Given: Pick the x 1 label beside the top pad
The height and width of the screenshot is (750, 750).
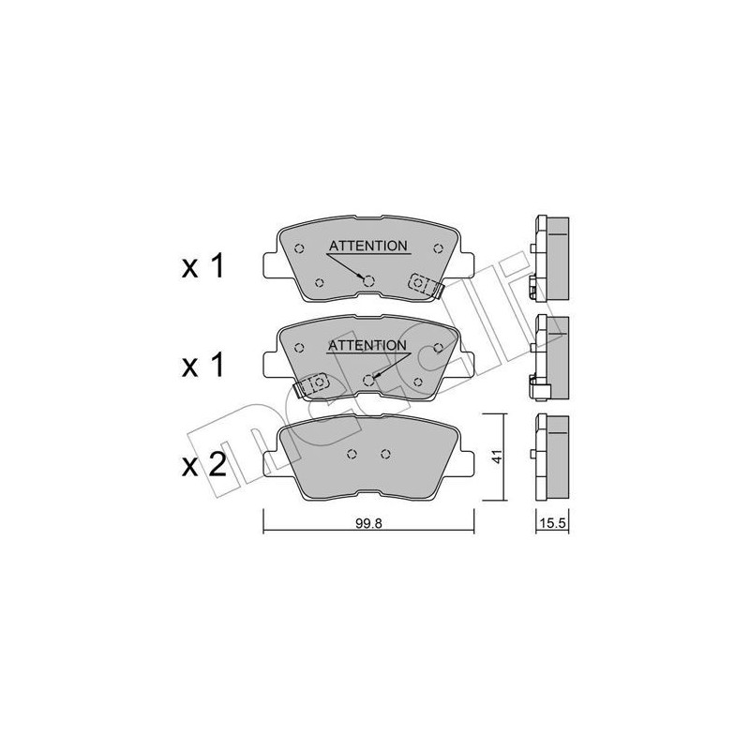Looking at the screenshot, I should (202, 267).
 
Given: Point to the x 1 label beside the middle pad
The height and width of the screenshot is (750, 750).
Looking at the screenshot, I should (202, 366).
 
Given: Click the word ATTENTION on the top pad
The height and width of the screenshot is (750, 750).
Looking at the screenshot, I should (367, 246).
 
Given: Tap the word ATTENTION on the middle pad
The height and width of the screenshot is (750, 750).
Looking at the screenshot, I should (367, 345).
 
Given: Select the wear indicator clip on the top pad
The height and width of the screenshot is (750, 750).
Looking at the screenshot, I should (424, 283).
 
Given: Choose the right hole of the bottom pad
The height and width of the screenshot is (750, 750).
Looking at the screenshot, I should (385, 455).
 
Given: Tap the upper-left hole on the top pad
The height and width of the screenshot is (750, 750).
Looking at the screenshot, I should (299, 248).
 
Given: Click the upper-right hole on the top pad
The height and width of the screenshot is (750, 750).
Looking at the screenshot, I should (439, 248).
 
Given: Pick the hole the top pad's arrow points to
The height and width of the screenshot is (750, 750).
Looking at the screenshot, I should (368, 280).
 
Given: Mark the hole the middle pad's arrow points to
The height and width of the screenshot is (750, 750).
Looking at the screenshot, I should (368, 380).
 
